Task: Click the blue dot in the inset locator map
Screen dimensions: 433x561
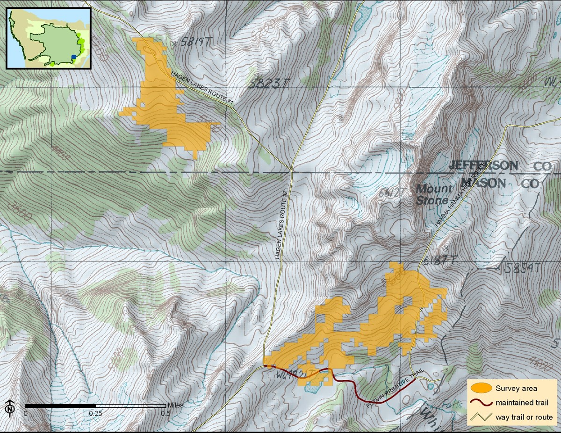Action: click(73, 57)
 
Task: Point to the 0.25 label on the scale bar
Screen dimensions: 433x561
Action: click(96, 413)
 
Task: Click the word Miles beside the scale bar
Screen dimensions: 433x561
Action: click(174, 405)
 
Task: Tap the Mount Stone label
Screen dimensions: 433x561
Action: click(434, 194)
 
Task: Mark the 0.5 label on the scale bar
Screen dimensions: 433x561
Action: click(164, 413)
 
